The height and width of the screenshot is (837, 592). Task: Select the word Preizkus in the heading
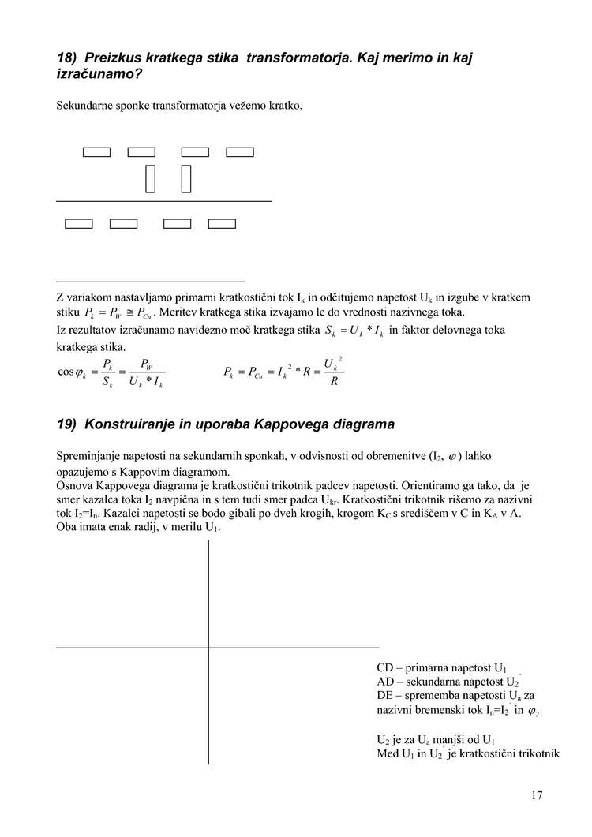[x=114, y=58]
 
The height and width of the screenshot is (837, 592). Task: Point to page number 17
[x=537, y=795]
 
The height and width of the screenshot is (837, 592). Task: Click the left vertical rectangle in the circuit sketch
[x=150, y=178]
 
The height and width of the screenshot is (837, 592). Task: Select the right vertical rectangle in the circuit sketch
[x=187, y=178]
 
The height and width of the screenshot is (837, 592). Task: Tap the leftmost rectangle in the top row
[x=96, y=152]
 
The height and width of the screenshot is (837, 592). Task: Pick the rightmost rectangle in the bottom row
[x=222, y=223]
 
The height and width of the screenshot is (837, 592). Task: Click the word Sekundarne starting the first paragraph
[x=88, y=105]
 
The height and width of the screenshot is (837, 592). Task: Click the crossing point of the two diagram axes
[x=208, y=648]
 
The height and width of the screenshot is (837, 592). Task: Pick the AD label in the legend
[x=386, y=681]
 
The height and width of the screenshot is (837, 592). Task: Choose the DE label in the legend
[x=386, y=695]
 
